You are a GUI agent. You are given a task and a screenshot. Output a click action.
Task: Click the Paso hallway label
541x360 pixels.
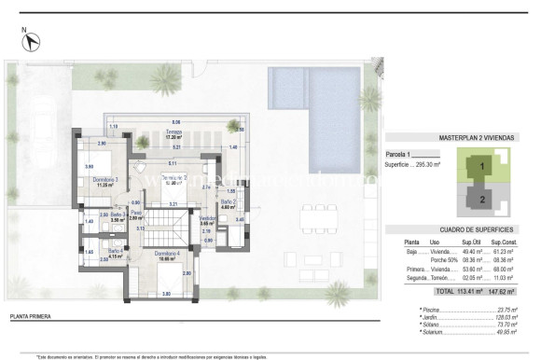(135, 215)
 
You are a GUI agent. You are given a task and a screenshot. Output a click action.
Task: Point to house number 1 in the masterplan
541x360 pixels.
(482, 167)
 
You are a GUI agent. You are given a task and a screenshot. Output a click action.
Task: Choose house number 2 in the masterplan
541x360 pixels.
(482, 199)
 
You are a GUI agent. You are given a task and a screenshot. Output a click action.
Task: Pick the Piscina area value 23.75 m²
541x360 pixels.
(506, 307)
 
